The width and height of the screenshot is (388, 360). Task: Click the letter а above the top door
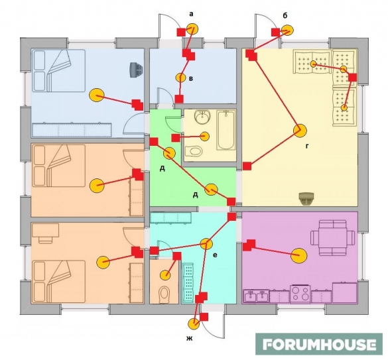191,14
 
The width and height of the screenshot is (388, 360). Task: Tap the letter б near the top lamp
285,16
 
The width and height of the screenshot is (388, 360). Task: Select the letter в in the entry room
191,79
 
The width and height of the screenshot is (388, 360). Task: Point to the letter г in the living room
307,147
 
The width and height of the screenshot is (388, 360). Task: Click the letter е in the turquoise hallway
215,255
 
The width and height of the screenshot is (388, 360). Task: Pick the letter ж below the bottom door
189,338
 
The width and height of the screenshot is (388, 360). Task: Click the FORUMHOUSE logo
319,344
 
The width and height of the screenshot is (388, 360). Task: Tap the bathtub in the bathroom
226,130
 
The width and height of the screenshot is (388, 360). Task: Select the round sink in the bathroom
202,116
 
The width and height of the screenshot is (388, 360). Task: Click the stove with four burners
300,294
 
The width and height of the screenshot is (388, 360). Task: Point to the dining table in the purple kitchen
333,238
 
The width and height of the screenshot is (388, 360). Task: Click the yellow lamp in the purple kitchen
298,255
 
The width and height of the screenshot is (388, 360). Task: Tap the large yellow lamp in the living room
300,131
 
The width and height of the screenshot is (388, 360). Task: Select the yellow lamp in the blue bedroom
96,95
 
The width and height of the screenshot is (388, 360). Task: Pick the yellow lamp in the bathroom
204,137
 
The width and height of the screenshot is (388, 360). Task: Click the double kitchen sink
256,296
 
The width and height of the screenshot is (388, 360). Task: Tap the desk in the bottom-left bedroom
45,231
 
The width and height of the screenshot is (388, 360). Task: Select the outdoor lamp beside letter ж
194,324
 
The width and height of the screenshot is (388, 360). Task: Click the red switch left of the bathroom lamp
176,138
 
